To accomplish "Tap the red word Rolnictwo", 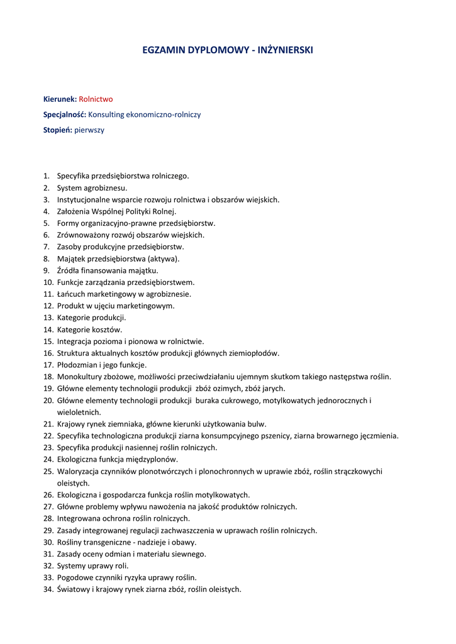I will coord(96,99).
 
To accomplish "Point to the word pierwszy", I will coord(89,131).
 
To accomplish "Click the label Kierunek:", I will coord(60,99).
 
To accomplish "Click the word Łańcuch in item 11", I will coord(71,294).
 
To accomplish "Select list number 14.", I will coord(48,330).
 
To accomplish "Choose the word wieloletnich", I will coord(79,413).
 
